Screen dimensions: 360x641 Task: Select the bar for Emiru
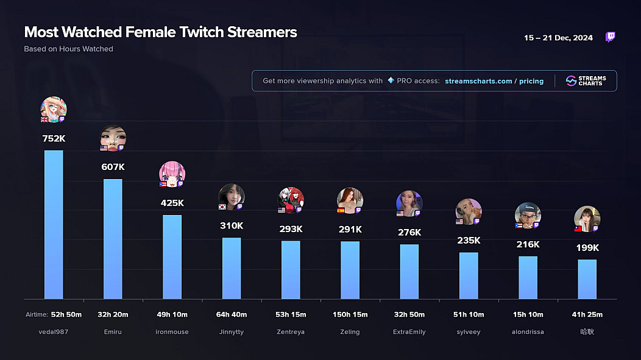point(113,239)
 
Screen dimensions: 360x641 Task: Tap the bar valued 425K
point(172,256)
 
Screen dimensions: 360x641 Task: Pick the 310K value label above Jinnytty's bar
point(232,226)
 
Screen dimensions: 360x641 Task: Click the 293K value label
point(291,229)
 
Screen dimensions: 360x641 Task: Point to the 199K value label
point(587,248)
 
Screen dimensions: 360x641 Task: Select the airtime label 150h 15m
point(350,315)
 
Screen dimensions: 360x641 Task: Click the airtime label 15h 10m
point(528,315)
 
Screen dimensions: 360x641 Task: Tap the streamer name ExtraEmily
point(409,332)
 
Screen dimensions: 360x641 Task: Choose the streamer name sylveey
point(469,332)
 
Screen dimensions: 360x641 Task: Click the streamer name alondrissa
point(528,332)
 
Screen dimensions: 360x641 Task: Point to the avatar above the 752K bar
point(54,109)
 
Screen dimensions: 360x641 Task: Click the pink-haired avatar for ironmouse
point(172,174)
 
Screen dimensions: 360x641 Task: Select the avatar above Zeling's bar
point(350,200)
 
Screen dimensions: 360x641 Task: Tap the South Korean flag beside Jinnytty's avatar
point(222,207)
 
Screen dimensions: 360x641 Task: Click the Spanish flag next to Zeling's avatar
point(341,210)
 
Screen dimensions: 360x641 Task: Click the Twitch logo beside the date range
point(610,38)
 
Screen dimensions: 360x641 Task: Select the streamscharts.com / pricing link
point(494,81)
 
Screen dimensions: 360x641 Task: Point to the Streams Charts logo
point(586,81)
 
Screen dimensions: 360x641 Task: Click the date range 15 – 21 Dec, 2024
point(558,38)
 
